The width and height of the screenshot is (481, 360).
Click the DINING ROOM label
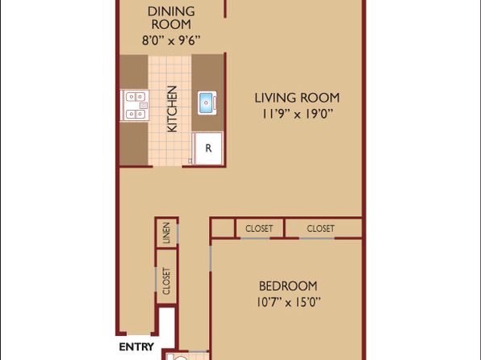coord(171,18)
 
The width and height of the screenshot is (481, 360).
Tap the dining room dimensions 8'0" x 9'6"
coord(171,40)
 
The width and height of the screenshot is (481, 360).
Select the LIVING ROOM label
coord(297,98)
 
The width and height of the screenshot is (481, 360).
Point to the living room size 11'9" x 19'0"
coord(297,114)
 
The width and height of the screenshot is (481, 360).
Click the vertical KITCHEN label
coord(173,109)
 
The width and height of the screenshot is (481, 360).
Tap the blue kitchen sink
coord(207,103)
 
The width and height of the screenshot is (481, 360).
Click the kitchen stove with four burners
coord(135,106)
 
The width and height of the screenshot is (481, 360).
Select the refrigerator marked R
coord(207,149)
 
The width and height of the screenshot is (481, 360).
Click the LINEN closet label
coord(166,233)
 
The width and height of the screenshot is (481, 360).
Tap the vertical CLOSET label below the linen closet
coord(166,281)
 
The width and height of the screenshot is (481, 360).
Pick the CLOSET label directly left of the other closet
coord(259,228)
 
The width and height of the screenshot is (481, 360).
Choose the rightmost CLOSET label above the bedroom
coord(320,228)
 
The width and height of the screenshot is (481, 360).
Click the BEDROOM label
coord(288,286)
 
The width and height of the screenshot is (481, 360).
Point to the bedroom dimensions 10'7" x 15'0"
coord(288,303)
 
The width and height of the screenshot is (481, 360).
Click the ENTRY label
coord(136,347)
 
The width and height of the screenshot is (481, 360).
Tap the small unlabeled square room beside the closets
coord(223,228)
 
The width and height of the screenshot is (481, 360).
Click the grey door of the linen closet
coord(178,233)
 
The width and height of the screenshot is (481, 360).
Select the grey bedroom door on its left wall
coord(211,257)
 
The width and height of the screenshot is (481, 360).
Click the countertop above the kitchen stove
coord(134,72)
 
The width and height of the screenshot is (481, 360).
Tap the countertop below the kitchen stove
coord(134,144)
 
